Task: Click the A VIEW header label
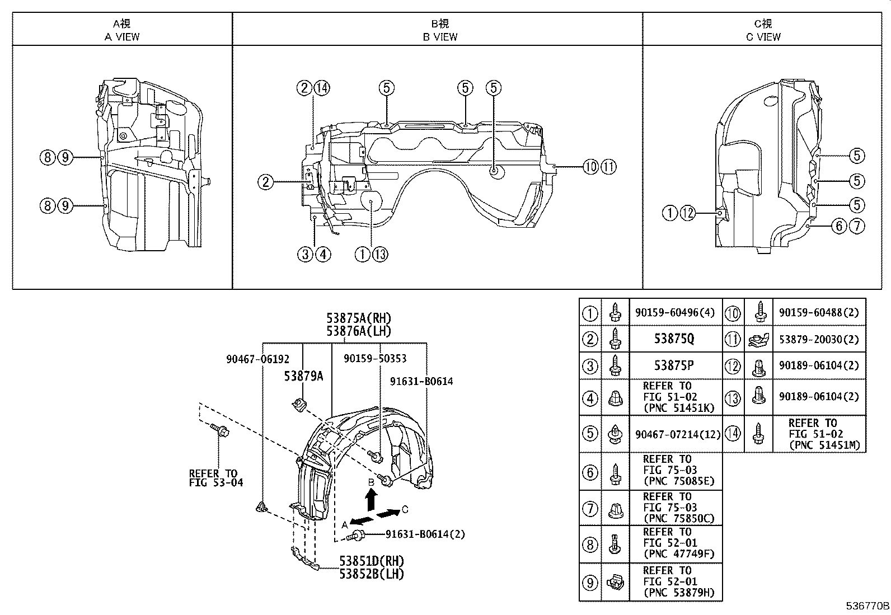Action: click(122, 37)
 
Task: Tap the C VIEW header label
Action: click(763, 37)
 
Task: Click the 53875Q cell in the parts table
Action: click(674, 339)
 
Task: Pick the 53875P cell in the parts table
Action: click(674, 365)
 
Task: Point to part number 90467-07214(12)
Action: click(678, 434)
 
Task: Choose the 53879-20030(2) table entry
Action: click(819, 339)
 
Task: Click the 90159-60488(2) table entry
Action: click(819, 313)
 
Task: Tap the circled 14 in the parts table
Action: click(733, 434)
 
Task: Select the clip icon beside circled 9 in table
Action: click(615, 583)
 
